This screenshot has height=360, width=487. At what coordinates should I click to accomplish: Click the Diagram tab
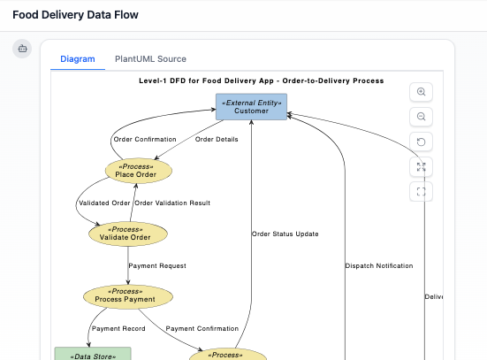(77, 59)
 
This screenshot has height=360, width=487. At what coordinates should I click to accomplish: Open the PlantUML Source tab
(150, 59)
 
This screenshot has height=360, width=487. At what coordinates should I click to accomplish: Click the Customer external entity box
(251, 106)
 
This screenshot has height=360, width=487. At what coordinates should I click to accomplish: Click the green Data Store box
(92, 354)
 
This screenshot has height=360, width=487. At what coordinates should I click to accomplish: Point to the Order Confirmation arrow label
(145, 139)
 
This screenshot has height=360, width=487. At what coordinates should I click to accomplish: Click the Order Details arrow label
(217, 139)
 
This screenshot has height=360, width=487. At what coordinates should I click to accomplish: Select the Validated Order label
(105, 203)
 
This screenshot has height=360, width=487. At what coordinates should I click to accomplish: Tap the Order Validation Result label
(172, 203)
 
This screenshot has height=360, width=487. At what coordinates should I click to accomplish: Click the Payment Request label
(157, 265)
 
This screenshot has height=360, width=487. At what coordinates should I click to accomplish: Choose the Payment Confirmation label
(202, 328)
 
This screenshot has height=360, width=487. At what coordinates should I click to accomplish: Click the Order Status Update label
(285, 234)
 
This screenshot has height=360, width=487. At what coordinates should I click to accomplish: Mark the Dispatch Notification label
(378, 265)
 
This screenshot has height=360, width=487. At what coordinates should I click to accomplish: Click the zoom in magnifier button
(422, 92)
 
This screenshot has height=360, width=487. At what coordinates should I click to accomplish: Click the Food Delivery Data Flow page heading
(75, 15)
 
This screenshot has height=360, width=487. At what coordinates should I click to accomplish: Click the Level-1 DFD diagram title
(261, 80)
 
